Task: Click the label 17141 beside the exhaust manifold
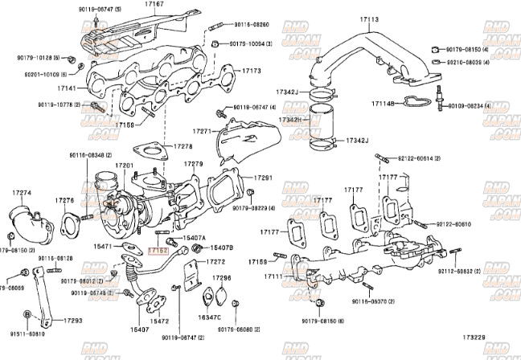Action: [x=67, y=88]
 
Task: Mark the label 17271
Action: [x=201, y=130]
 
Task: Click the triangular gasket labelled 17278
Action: [x=147, y=150]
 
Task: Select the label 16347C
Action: [x=210, y=317]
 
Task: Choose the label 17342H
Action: [x=289, y=120]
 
